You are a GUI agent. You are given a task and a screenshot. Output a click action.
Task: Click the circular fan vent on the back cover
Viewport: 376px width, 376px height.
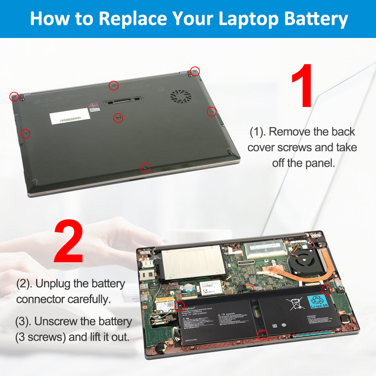181,97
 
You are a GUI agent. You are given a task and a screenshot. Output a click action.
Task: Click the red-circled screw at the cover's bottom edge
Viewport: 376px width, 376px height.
145,167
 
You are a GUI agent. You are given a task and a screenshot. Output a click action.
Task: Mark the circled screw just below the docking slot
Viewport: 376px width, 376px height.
118,118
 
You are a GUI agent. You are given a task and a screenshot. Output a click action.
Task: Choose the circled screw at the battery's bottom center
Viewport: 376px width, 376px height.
263,334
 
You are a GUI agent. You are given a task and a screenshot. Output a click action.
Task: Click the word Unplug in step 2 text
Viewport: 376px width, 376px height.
53,284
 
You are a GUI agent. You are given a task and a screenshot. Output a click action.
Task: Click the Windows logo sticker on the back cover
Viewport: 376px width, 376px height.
96,106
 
